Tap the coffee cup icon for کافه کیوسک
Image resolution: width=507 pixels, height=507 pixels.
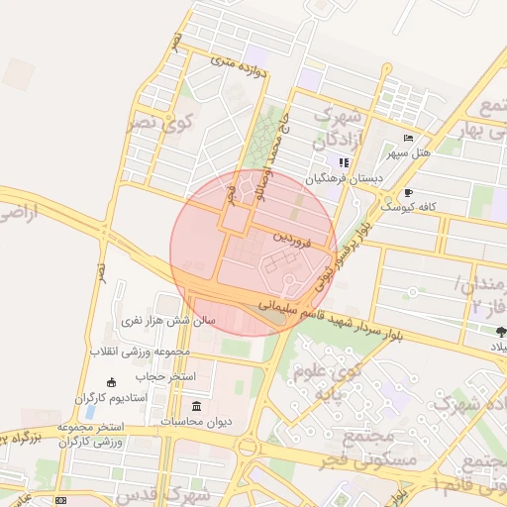click(x=408, y=193)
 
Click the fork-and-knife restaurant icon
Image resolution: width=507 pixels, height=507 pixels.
click(x=344, y=163)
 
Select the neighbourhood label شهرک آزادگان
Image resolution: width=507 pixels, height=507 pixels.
click(x=342, y=126)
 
